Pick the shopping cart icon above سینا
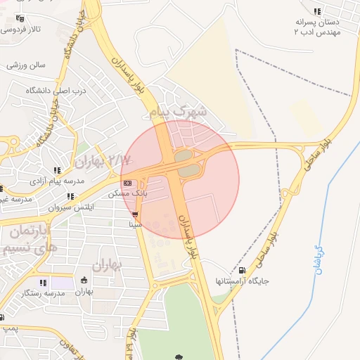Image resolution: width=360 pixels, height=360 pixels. pyautogui.click(x=135, y=214)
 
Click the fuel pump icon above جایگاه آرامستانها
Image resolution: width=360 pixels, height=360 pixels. pyautogui.click(x=243, y=270)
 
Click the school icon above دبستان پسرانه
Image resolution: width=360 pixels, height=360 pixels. pyautogui.click(x=318, y=11)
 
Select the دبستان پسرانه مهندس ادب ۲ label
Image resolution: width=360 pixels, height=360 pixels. pyautogui.click(x=319, y=27)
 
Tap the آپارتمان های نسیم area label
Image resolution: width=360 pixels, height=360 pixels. pyautogui.click(x=25, y=240)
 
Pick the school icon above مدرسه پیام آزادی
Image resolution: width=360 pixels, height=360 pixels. pyautogui.click(x=57, y=170)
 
